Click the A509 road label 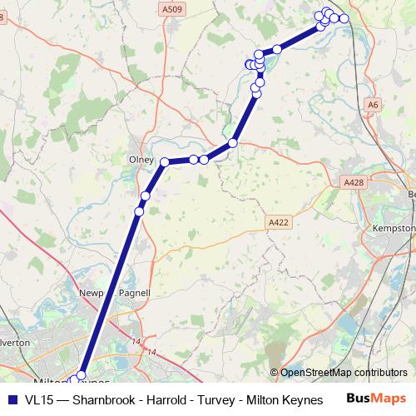(x=171, y=9)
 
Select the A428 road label (x=354, y=181)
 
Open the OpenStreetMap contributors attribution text (x=344, y=373)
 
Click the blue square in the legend (x=12, y=399)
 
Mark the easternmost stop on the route (x=344, y=18)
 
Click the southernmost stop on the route (x=82, y=375)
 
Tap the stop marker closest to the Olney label (x=165, y=161)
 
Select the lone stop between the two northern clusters (x=277, y=49)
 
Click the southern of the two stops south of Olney (x=139, y=211)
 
